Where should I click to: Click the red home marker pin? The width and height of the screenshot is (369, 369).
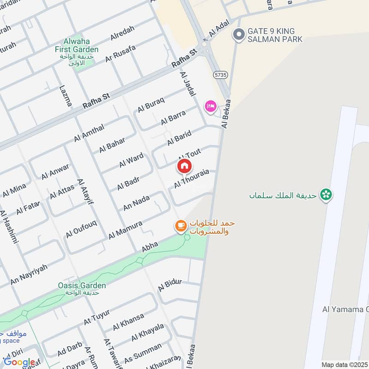coord(184,166)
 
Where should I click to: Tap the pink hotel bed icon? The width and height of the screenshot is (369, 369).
coord(210,107)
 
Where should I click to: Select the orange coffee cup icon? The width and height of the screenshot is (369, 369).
coord(180,226)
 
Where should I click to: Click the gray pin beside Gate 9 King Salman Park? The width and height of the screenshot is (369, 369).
coord(238,35)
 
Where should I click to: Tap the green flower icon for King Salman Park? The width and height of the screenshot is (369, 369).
coord(327,195)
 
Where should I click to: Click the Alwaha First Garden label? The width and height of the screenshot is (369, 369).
coord(77,49)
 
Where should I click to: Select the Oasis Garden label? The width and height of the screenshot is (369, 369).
coord(76,286)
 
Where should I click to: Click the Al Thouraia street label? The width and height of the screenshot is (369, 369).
coord(191,179)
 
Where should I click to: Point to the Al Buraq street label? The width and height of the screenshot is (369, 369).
coord(151,105)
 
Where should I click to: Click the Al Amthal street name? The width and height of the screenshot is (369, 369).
coord(89,133)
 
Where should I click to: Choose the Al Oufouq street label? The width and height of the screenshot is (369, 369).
coord(81,229)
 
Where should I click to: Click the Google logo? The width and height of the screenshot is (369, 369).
coord(19,362)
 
